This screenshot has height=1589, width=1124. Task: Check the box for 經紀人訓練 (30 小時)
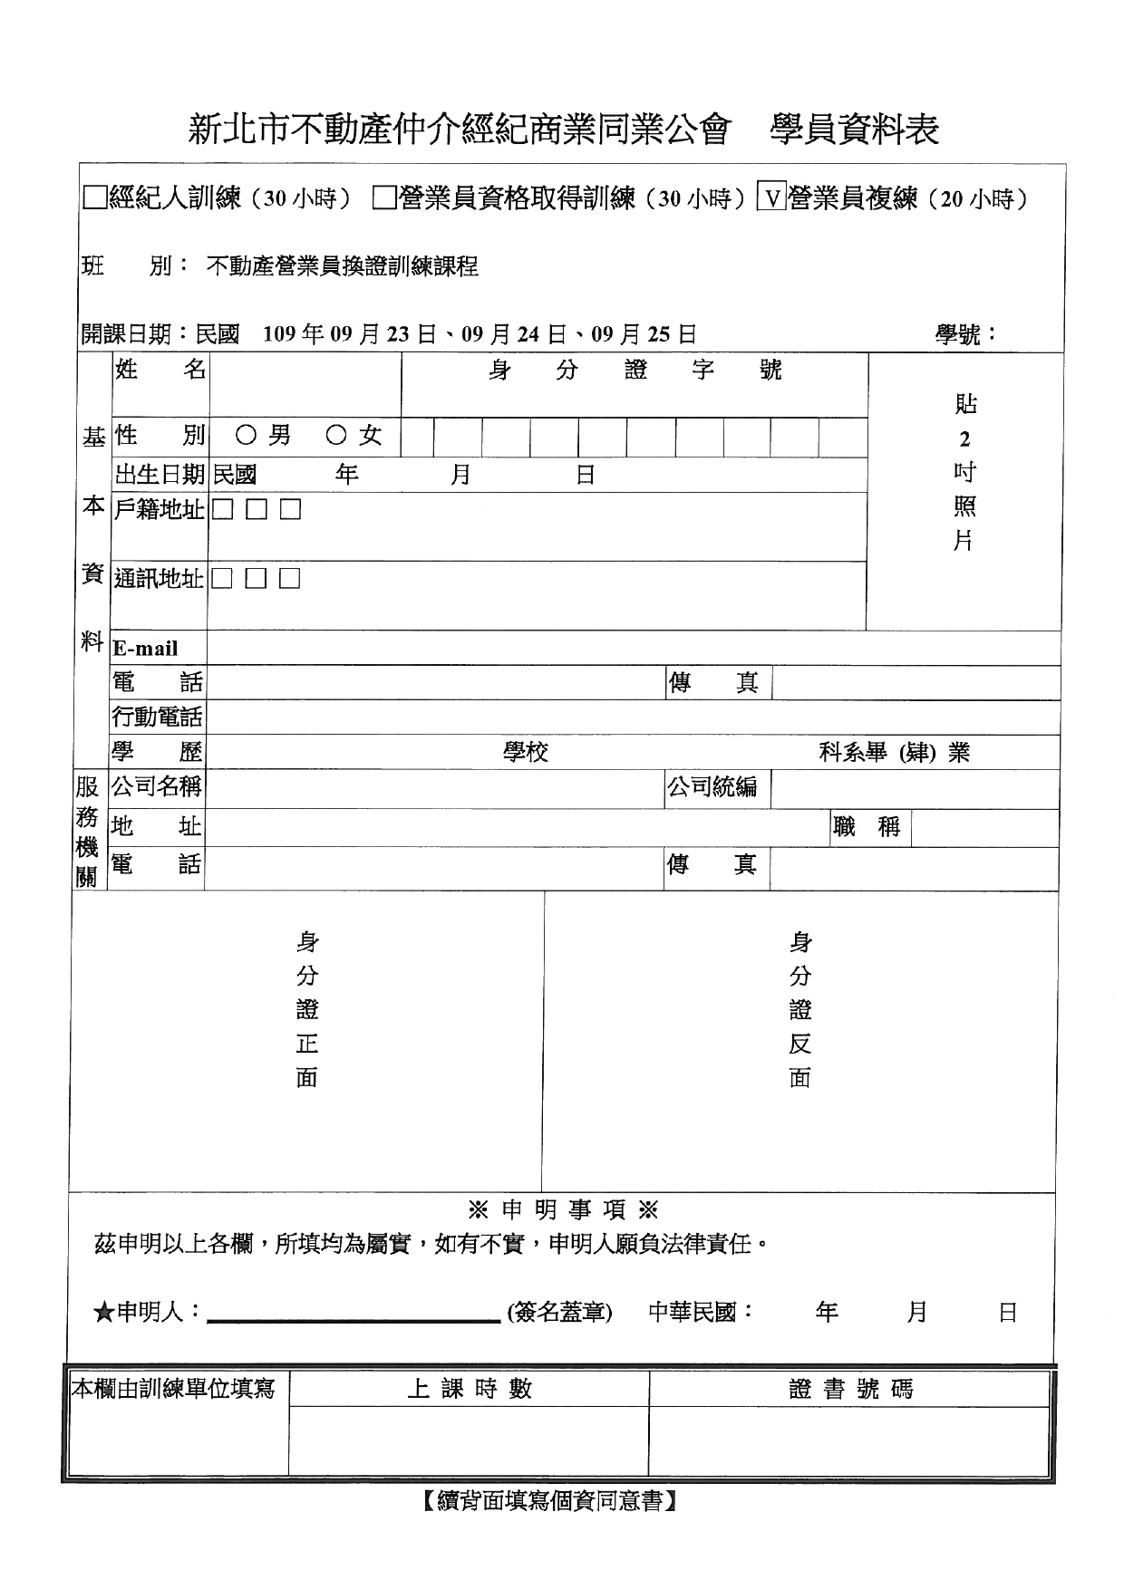pos(94,197)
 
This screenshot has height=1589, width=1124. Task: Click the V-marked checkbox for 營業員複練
pos(771,197)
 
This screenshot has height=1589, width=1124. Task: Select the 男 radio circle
pos(246,436)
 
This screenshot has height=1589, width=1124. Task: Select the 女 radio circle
pos(336,436)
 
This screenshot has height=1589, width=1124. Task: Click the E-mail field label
pos(145,649)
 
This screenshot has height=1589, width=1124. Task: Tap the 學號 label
pos(965,335)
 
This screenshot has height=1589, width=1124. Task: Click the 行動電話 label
pos(157,717)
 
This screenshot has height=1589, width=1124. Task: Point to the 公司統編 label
pos(712,787)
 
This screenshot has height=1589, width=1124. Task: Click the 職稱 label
pos(867,827)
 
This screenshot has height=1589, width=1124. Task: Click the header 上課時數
pos(469,1389)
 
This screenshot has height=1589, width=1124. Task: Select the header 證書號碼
pos(850,1389)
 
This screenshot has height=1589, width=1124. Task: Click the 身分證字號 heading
pos(634,370)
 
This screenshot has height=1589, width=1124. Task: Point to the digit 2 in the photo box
pos(964,439)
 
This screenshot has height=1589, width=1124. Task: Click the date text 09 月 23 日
pos(385,335)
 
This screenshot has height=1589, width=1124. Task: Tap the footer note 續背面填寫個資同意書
pos(549,1502)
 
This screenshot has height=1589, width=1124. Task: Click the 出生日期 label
pos(160,475)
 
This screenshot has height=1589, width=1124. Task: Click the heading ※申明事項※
pos(562,1209)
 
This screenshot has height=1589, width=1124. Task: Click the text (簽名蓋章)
pos(559,1312)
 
